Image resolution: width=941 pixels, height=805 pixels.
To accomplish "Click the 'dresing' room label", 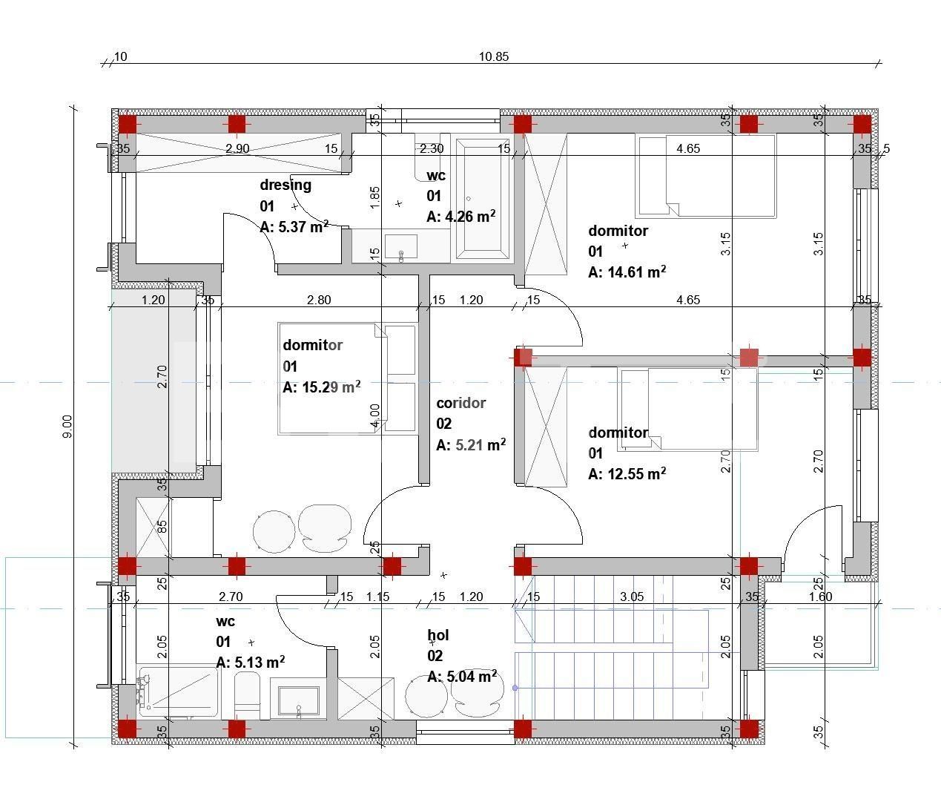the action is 285,185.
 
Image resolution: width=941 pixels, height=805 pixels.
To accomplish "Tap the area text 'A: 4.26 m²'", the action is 460,216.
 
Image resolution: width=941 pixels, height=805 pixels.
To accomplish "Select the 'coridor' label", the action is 460,403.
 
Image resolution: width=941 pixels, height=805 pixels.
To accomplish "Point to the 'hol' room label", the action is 438,634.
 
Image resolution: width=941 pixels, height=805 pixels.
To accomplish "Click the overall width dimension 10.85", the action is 494,56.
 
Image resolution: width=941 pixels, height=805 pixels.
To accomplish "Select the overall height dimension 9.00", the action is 67,427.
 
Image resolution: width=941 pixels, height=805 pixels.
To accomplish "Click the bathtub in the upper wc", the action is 483,199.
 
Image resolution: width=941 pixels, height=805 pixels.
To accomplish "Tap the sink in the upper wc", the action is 400,246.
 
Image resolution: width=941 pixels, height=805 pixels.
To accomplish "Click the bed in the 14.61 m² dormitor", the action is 706,176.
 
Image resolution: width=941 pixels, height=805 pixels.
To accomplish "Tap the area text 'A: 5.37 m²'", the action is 294,226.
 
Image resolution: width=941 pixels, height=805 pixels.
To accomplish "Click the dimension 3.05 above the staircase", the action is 632,597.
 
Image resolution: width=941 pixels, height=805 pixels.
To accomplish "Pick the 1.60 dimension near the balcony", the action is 820,597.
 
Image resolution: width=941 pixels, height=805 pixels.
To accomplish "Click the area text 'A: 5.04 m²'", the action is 462,676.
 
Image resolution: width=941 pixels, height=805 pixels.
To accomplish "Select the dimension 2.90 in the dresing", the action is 237,148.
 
